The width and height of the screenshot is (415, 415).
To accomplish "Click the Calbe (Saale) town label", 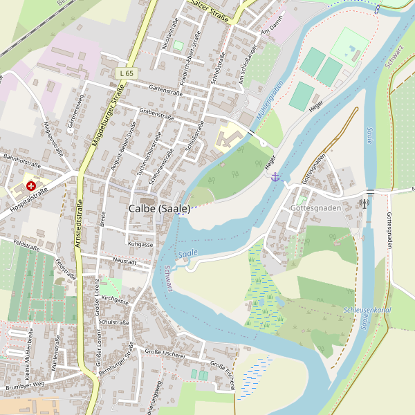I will [159, 208].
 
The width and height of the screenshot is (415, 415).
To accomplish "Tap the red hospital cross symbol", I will [31, 186].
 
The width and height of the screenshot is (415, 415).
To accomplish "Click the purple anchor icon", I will [275, 177].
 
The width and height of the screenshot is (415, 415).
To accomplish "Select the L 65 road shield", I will [125, 73].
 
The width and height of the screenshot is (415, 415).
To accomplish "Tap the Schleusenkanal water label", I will [367, 310].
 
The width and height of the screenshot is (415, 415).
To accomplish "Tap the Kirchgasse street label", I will [115, 302].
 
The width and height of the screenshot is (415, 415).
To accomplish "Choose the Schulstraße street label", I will [114, 322].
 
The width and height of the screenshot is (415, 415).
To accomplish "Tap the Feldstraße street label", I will [26, 246].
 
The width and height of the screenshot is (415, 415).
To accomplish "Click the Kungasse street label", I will [140, 244].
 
